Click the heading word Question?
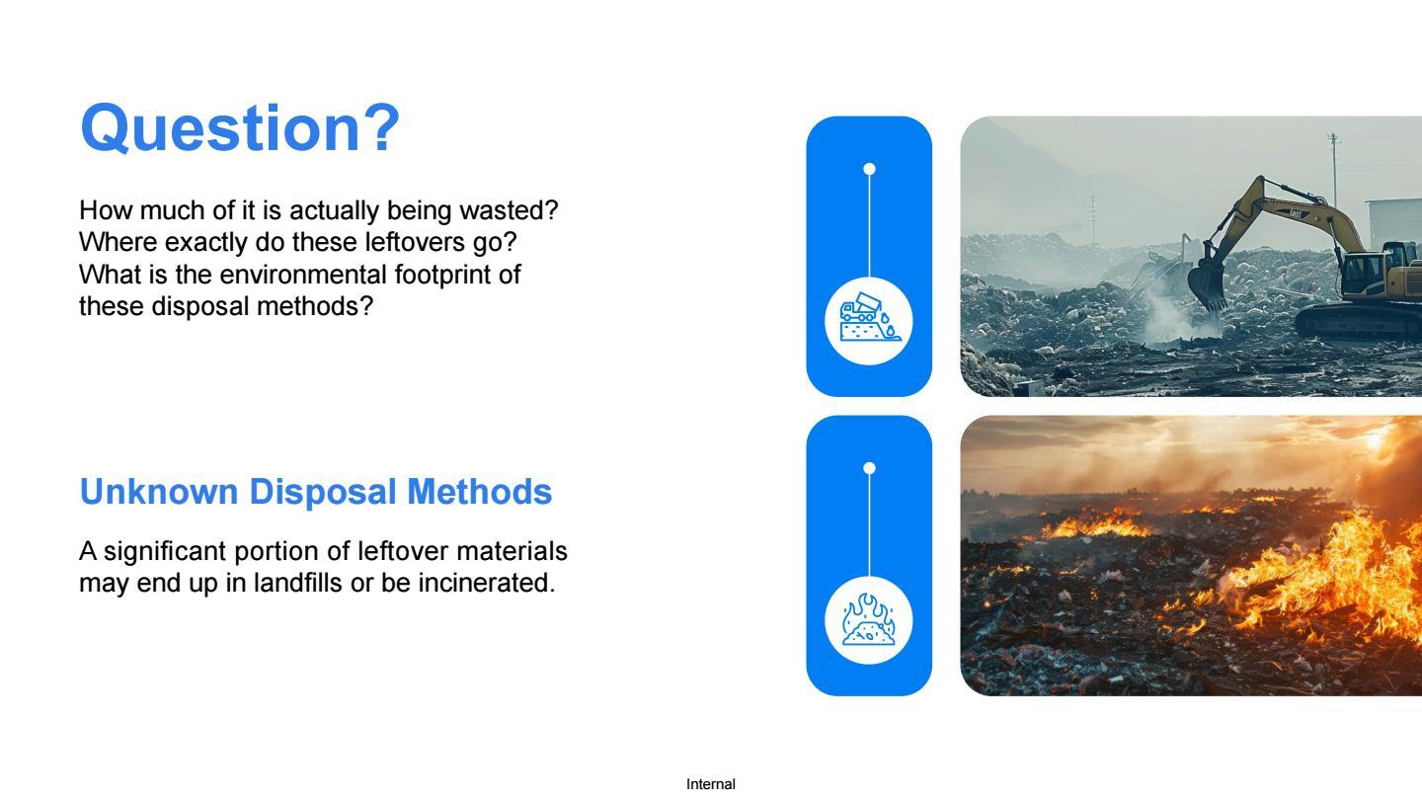pyautogui.click(x=240, y=128)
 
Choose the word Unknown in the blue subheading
pyautogui.click(x=159, y=492)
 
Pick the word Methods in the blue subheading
pyautogui.click(x=479, y=492)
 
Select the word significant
pyautogui.click(x=164, y=552)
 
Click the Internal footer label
pyautogui.click(x=710, y=784)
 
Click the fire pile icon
pyautogui.click(x=869, y=620)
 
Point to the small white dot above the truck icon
pyautogui.click(x=869, y=169)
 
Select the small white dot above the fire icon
pyautogui.click(x=869, y=468)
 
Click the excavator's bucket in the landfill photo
pyautogui.click(x=1206, y=284)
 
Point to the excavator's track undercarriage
pyautogui.click(x=1359, y=324)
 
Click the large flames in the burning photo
pyautogui.click(x=1333, y=572)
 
